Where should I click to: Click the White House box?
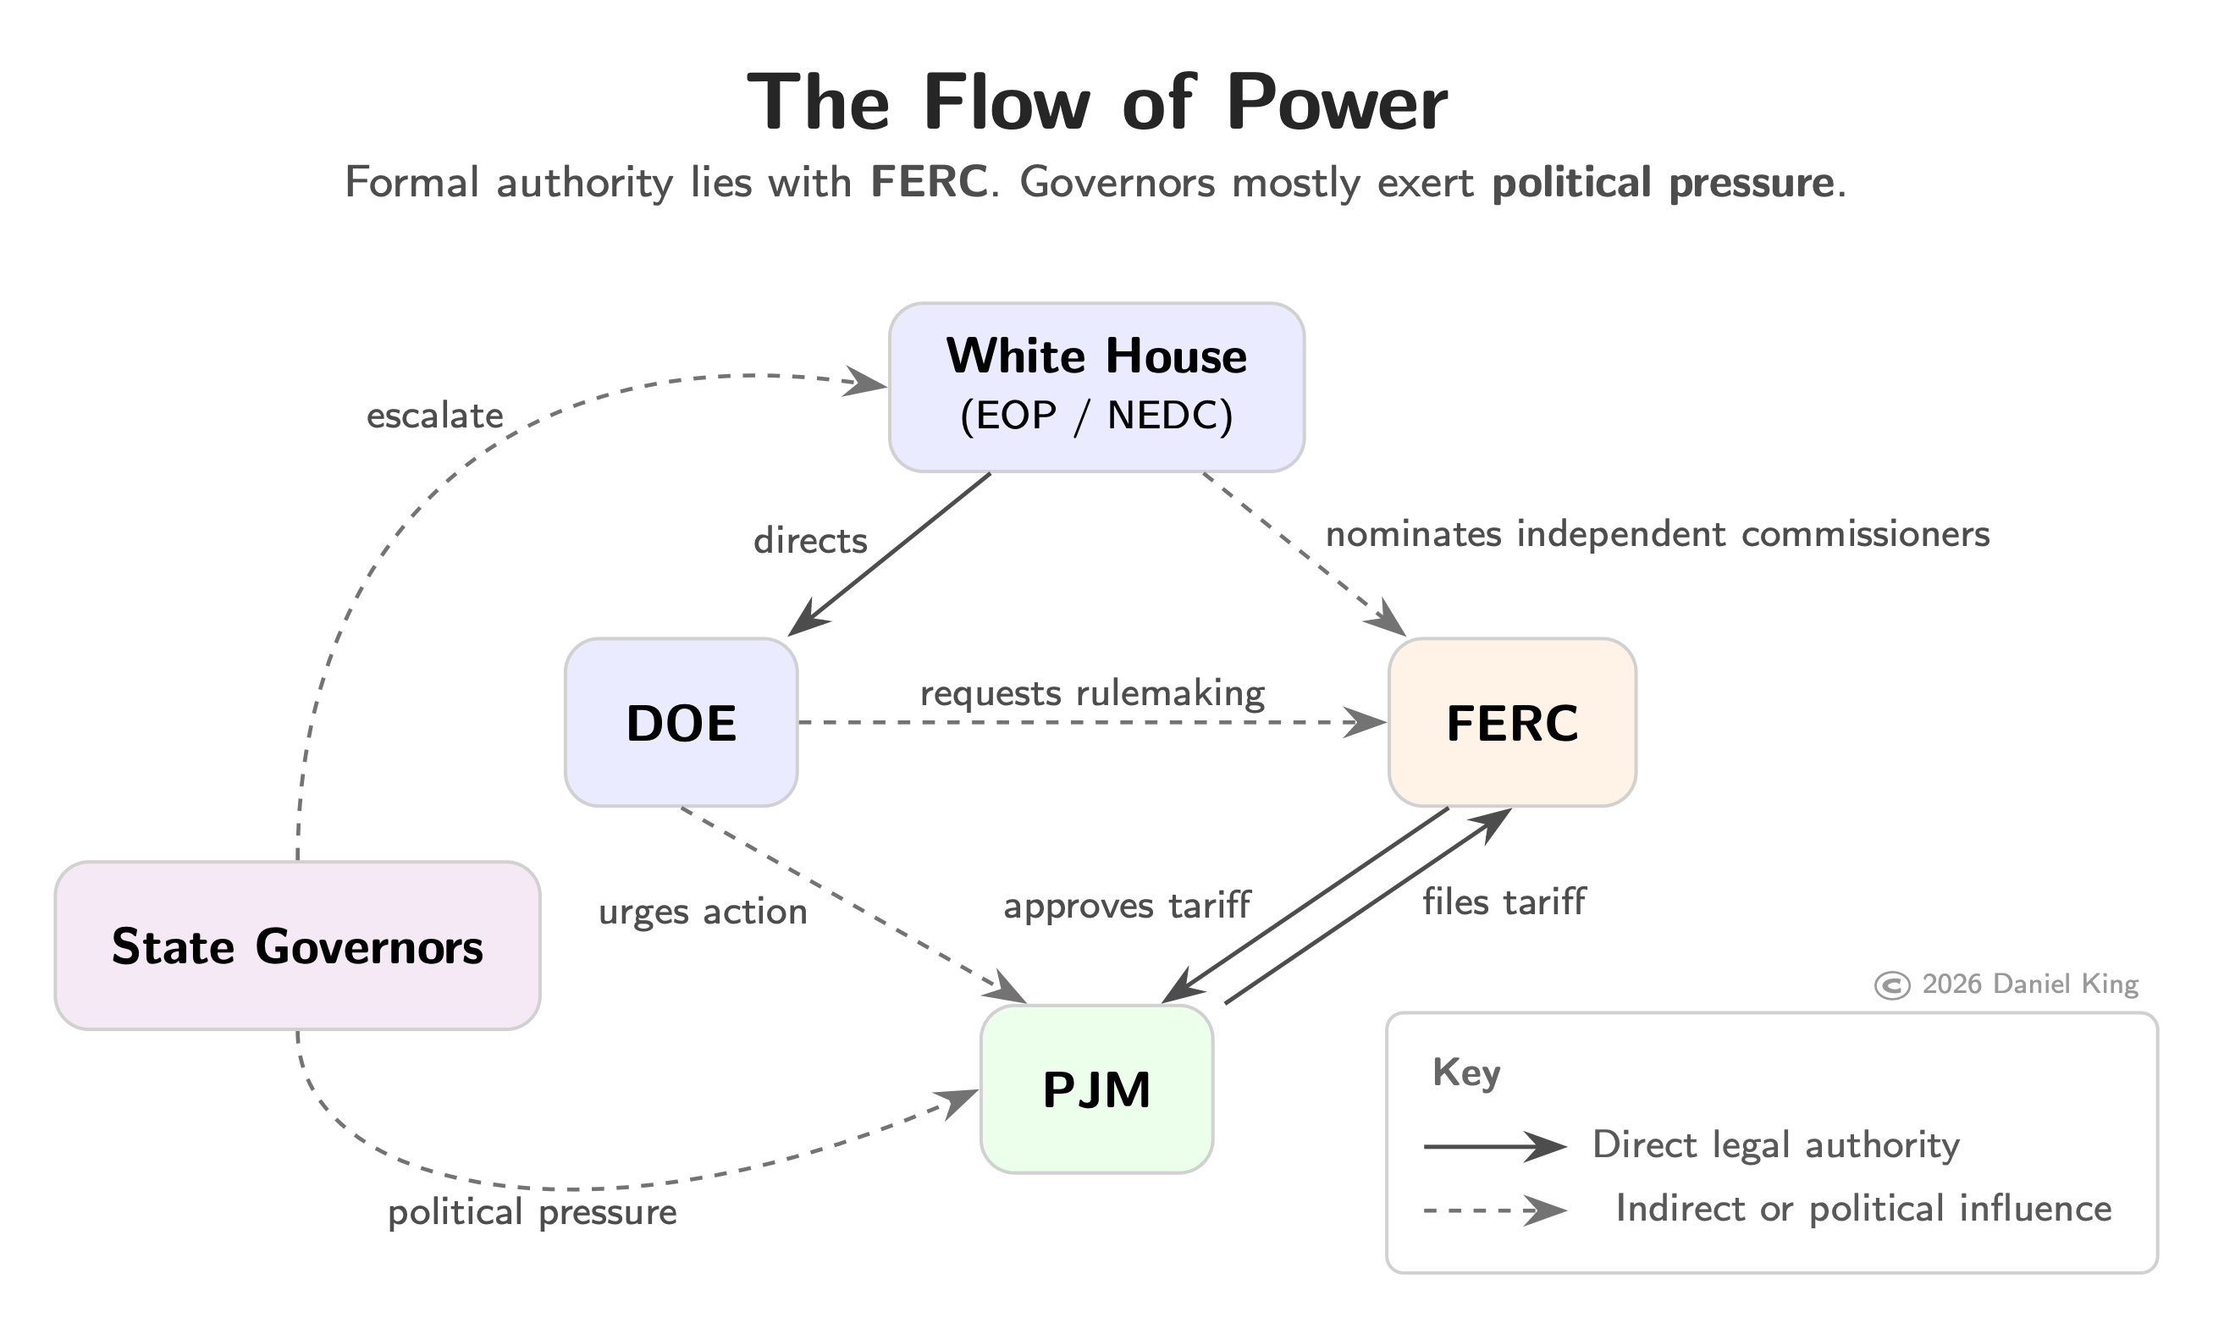1096,387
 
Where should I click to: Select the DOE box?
681,723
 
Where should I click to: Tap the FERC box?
1512,723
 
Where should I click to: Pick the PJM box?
1096,1089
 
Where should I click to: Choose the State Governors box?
297,946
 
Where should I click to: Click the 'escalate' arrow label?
434,416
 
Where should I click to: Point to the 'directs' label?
810,541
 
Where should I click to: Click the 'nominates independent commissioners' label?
1657,535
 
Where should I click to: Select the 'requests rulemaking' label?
1093,694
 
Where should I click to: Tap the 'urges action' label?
703,912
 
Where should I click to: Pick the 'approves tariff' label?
1126,907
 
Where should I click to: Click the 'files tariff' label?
1504,902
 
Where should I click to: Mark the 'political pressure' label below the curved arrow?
532,1212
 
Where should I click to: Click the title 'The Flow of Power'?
1096,103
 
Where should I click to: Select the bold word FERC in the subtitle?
929,183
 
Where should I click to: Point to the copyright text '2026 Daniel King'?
2029,985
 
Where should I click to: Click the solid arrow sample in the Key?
1494,1146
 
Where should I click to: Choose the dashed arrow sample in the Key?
1494,1210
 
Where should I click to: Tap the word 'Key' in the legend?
1466,1072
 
